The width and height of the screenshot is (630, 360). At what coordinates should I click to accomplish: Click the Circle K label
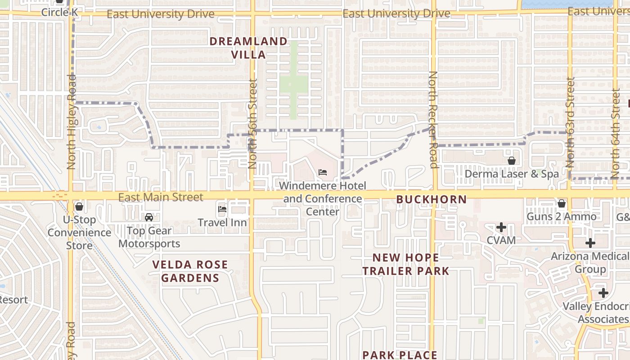pos(59,12)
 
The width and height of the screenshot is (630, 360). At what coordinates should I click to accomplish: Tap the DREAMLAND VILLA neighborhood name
pos(248,48)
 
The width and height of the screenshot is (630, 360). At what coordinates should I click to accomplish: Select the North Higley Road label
pos(72,121)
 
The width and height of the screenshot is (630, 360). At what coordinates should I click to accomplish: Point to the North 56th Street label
pos(252,124)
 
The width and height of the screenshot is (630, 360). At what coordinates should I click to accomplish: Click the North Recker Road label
pos(433,119)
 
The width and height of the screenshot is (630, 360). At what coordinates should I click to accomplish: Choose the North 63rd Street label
pos(570,122)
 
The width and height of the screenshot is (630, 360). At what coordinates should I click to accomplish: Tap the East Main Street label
pos(161,197)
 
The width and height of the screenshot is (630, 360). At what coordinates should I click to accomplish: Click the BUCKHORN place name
pos(431,199)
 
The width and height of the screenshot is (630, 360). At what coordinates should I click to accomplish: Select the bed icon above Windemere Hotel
pos(323,172)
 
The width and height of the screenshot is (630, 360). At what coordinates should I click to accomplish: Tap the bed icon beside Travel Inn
pos(222,209)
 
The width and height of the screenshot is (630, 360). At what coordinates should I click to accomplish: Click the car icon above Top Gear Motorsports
pos(149,217)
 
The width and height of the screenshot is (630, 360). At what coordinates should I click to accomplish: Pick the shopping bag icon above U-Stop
pos(79,207)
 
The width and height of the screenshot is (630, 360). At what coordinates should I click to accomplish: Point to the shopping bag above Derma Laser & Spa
pos(512,161)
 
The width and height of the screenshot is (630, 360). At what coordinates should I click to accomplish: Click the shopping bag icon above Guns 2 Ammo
pos(562,203)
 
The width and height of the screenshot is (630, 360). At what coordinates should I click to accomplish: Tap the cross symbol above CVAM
pos(501,227)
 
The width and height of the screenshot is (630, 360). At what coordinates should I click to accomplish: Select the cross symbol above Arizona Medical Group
pos(590,243)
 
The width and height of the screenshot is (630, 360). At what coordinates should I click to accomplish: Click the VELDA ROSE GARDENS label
pos(190,271)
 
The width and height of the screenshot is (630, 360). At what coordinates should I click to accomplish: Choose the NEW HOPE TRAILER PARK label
pos(406,264)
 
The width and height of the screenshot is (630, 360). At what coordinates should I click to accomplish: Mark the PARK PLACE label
pos(400,355)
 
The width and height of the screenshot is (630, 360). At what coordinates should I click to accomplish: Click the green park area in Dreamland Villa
pos(293,83)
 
